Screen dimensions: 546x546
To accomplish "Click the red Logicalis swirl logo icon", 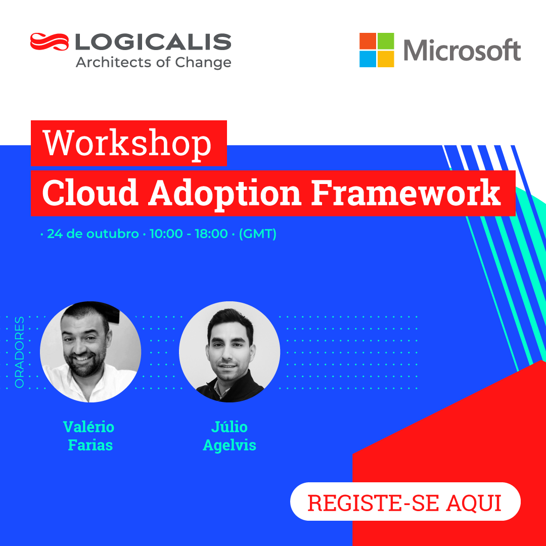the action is point(50,42).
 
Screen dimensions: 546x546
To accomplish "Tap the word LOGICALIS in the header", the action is point(153,42).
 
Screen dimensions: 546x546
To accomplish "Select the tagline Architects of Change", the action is point(154,63).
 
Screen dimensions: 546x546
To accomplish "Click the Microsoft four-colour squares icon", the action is point(377,50).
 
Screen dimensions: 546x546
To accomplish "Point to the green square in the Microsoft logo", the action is point(386,41).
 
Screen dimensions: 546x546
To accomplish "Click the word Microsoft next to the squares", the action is point(462,50).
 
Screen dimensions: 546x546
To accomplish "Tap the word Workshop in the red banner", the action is point(127,144).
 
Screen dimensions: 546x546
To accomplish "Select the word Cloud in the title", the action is point(90,193).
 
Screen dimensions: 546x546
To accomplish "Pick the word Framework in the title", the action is point(405,193).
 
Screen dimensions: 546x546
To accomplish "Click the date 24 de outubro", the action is point(93,234).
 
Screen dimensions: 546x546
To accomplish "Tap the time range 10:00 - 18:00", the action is point(189,234).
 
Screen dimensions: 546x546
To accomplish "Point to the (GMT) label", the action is point(258,234).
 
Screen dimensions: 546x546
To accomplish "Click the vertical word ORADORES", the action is point(20,352).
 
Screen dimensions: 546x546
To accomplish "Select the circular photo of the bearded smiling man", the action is point(90,352).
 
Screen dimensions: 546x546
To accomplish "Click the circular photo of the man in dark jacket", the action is point(230,352).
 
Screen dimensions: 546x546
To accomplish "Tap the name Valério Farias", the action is point(89,436).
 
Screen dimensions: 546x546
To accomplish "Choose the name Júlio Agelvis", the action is point(230,436).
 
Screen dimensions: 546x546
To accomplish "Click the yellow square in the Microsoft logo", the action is point(386,59).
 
